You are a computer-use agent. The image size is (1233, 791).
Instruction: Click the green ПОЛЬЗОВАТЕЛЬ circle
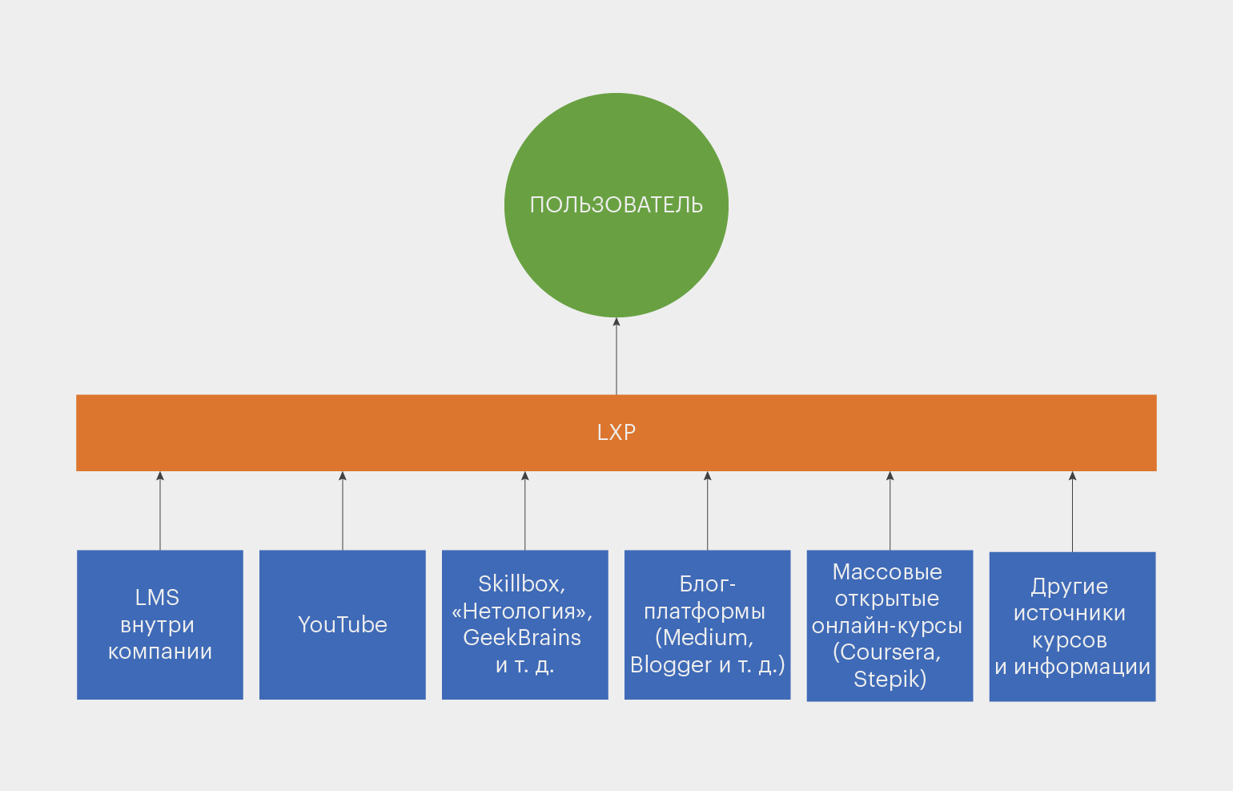[x=616, y=205]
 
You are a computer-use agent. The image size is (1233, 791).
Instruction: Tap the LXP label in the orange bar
[x=616, y=433]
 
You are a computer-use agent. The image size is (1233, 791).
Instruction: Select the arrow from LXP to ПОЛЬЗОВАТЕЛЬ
[x=616, y=356]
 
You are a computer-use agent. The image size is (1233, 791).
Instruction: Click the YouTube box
[x=343, y=624]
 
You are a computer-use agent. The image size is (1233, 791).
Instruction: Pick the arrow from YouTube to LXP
[x=343, y=511]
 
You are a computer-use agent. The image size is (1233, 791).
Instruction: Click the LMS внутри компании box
[x=160, y=624]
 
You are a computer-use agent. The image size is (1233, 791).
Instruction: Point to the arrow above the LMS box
[x=160, y=511]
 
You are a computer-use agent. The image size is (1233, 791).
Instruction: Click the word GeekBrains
[x=522, y=638]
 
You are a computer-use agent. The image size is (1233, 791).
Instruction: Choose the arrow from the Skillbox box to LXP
[x=525, y=511]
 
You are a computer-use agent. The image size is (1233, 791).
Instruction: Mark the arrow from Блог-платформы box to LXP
[x=708, y=511]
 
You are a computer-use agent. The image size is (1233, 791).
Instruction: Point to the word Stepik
[x=887, y=680]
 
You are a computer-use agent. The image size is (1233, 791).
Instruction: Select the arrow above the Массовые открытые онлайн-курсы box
[x=890, y=511]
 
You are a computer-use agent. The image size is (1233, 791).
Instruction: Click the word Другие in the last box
[x=1070, y=587]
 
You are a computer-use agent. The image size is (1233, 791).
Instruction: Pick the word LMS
[x=157, y=598]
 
